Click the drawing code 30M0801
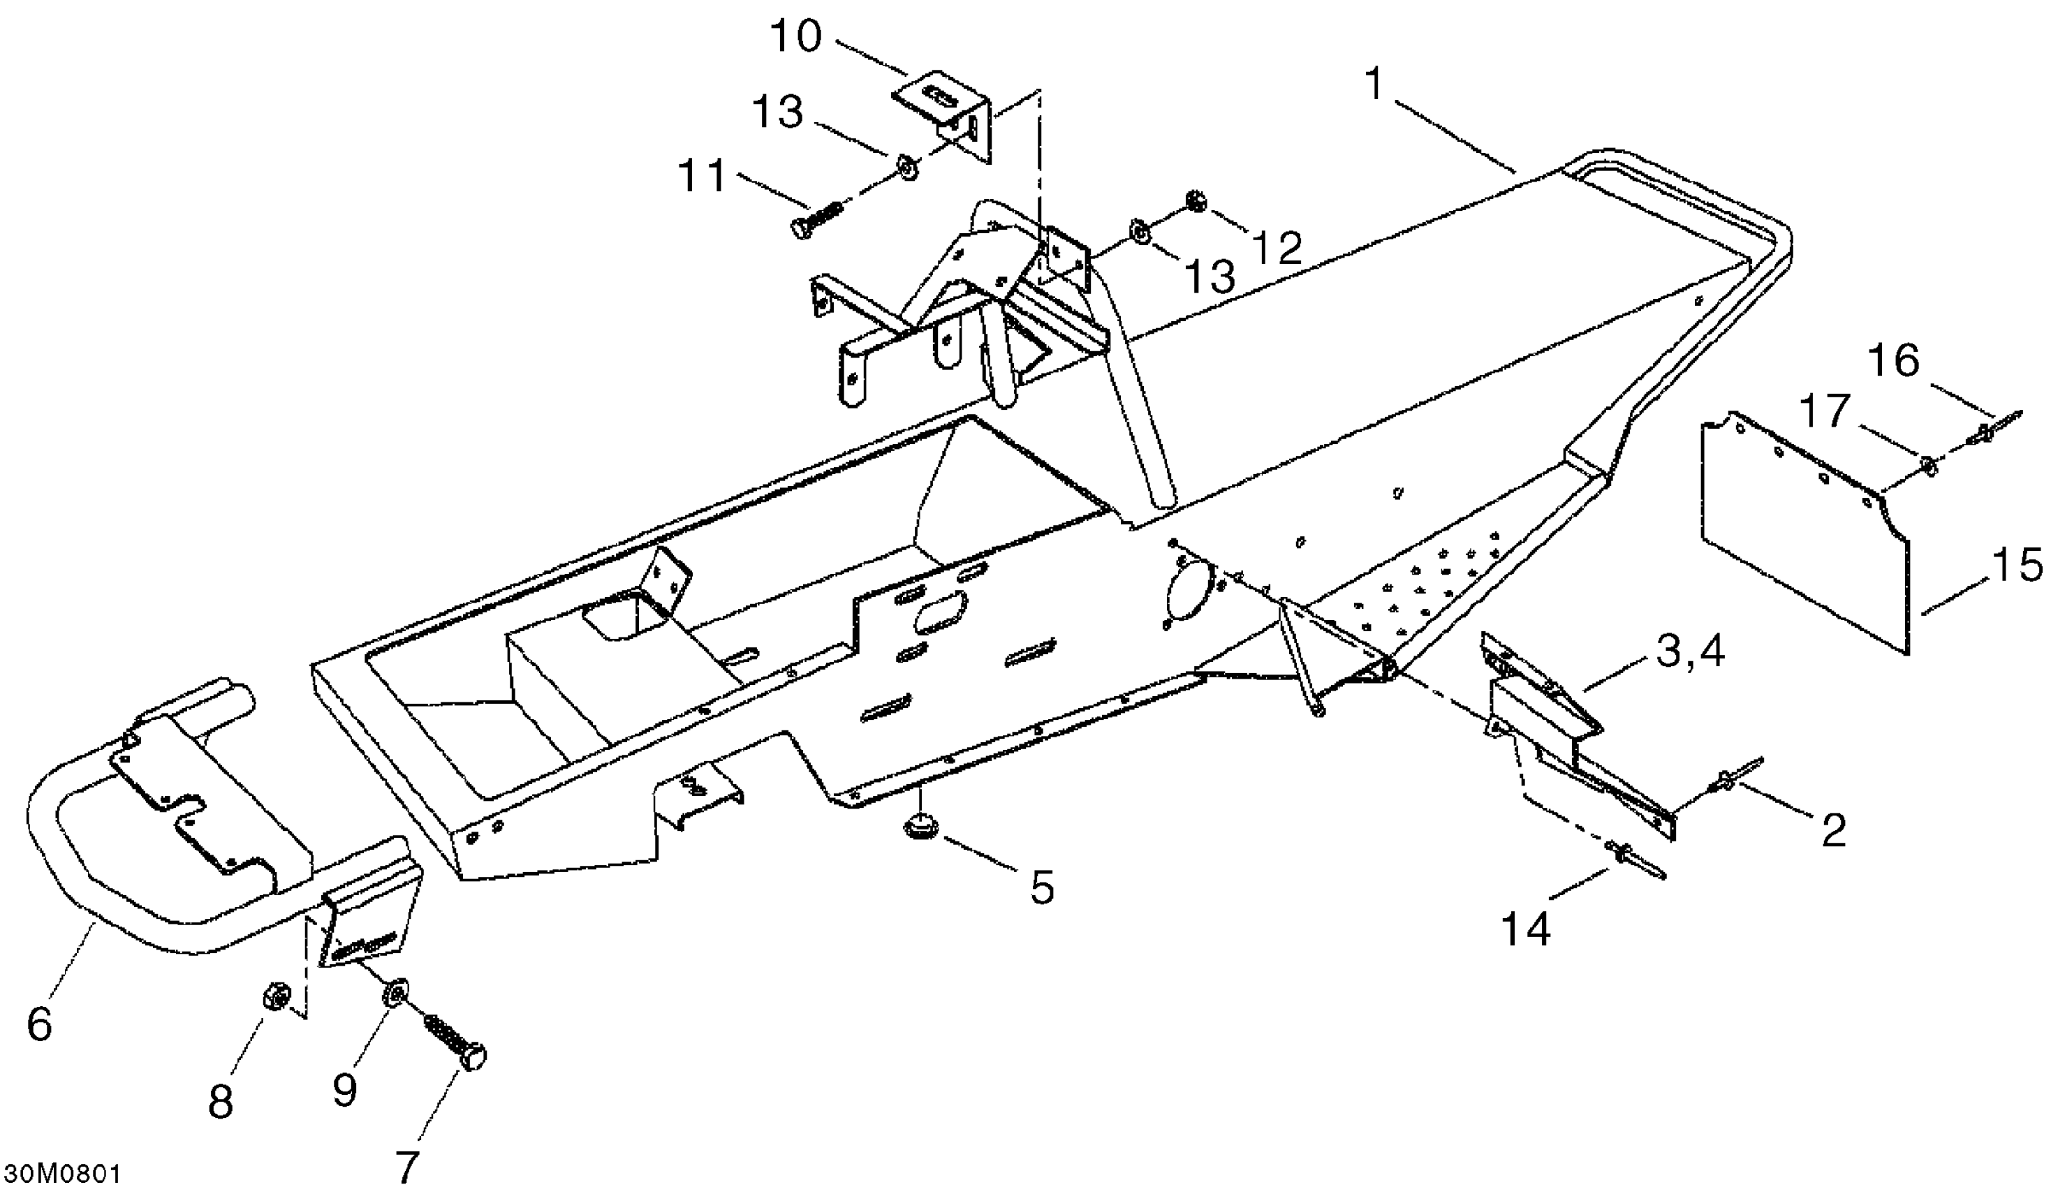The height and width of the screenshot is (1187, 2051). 62,1172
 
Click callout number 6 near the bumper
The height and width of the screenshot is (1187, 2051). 39,1024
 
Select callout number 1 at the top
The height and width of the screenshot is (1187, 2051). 1374,85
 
